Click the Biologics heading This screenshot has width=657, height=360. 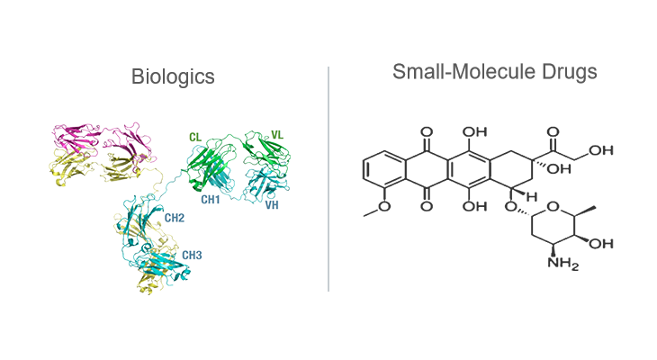[173, 77]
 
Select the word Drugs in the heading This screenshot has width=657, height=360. [570, 72]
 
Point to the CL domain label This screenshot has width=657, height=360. [195, 138]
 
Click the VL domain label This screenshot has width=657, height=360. [277, 135]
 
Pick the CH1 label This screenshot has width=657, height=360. [211, 200]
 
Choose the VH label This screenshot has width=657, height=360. [272, 205]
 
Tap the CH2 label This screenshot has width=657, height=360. [175, 218]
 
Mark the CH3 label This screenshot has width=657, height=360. [192, 256]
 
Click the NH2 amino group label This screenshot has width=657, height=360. [563, 264]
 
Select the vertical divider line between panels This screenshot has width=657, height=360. [328, 178]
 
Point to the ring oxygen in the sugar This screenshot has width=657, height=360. [553, 207]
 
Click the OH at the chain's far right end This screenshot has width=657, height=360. [601, 150]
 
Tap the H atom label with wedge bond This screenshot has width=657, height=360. [532, 196]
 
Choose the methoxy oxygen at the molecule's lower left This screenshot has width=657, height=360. [384, 207]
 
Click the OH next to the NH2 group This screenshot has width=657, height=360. [601, 244]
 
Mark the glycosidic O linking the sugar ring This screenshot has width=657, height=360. [511, 207]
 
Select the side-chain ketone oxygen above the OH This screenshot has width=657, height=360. [553, 132]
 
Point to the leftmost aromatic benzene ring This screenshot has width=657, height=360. [384, 169]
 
